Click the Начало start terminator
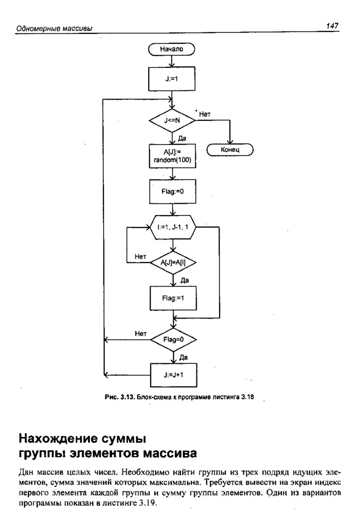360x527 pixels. pos(172,49)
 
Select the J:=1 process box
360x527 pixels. pos(172,80)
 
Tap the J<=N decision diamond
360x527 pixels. pos(172,120)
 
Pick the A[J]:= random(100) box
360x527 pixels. pos(172,155)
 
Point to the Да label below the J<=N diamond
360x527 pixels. pos(182,138)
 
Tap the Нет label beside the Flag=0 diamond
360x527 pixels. pos(141,333)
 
